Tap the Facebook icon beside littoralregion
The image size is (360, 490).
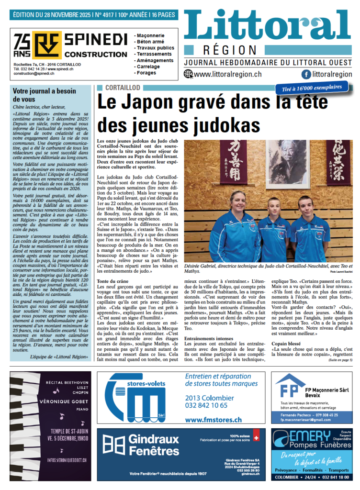coord(305,74)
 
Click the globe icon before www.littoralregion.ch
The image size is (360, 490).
coord(188,74)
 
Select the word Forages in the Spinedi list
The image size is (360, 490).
coord(146,73)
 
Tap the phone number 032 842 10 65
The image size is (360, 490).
coord(206,405)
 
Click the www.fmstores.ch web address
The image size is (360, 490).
coord(213,420)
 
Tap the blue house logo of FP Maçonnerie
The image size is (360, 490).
coord(289,387)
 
